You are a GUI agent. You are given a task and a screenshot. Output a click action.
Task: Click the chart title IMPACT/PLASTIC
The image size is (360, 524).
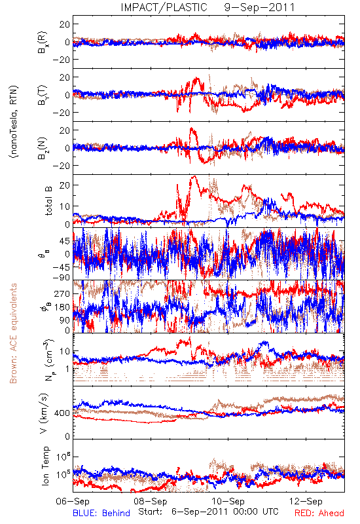(164, 7)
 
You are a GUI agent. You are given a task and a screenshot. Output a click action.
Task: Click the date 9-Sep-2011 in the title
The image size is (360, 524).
(259, 7)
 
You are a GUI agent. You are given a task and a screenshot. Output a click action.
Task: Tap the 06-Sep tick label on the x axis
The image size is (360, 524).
(73, 502)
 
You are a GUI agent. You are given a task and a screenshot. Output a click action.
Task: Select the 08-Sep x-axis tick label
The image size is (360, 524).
(151, 502)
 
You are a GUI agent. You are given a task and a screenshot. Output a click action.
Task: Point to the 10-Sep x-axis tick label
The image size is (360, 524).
(228, 502)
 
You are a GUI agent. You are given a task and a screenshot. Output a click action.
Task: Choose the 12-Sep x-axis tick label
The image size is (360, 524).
(306, 502)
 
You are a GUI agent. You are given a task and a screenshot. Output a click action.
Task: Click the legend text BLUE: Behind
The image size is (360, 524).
(101, 513)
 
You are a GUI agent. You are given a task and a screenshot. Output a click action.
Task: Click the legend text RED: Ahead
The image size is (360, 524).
(319, 513)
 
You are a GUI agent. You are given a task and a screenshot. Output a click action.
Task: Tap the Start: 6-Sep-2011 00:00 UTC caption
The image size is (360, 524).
(208, 512)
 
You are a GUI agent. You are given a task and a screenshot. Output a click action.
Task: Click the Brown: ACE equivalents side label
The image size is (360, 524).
(13, 333)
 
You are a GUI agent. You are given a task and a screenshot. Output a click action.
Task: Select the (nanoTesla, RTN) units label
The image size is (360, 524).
(14, 121)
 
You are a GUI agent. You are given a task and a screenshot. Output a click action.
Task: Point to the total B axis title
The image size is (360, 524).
(48, 201)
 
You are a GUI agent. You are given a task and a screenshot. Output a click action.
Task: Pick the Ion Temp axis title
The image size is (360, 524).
(45, 466)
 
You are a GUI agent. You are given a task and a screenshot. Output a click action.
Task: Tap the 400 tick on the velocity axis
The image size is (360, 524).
(62, 413)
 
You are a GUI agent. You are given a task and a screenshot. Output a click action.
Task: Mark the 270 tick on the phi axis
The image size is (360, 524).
(62, 293)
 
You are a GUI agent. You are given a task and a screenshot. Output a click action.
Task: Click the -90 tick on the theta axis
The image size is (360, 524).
(62, 278)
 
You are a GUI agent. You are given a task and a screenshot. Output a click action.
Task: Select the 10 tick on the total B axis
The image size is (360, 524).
(65, 206)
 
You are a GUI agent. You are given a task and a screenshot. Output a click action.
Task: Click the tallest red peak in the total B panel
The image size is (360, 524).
(194, 176)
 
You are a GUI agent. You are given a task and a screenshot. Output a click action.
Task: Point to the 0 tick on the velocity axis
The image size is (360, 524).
(67, 436)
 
